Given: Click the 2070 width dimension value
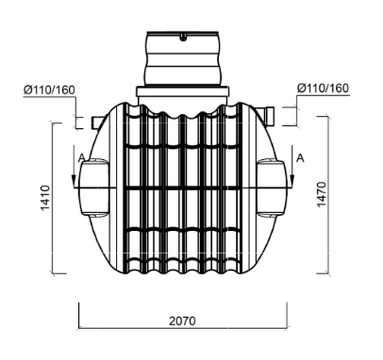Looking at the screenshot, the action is [x=182, y=321].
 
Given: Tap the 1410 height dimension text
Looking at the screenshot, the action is [x=45, y=198].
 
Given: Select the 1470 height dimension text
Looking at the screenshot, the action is [x=322, y=194].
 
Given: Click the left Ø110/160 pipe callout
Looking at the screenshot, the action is [x=49, y=90].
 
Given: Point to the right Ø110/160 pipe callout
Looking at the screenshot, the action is [x=324, y=89].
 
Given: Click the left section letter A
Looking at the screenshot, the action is [x=81, y=157].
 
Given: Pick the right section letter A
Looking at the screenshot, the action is [x=300, y=158].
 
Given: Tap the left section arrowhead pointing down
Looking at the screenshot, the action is [x=74, y=181].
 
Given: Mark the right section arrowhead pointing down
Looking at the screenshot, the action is [x=292, y=181].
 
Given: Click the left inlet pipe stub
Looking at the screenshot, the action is [x=98, y=123].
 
